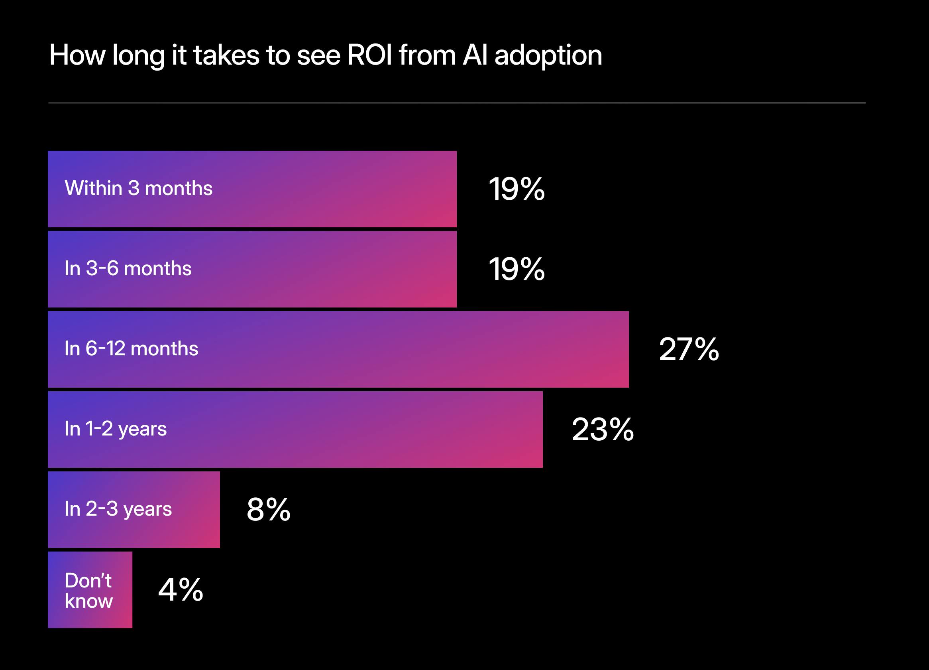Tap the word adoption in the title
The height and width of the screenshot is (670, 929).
(548, 56)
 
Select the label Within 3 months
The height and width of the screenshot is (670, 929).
(138, 189)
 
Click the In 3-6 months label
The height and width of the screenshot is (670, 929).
(128, 269)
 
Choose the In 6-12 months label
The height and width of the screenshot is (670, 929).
(131, 349)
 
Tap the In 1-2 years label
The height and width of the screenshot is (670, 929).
(116, 429)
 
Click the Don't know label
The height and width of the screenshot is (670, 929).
(88, 591)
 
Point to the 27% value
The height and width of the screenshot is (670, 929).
(689, 349)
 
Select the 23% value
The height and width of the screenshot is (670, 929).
(602, 430)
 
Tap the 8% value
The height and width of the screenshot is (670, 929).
(268, 509)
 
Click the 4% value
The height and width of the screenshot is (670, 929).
(180, 590)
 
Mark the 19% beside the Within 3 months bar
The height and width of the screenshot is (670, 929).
(516, 189)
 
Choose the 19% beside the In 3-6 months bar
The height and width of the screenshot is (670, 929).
(516, 269)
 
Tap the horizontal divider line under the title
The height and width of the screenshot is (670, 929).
(457, 103)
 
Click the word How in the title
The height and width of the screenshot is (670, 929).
(77, 55)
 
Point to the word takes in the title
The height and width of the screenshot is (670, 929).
(226, 55)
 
